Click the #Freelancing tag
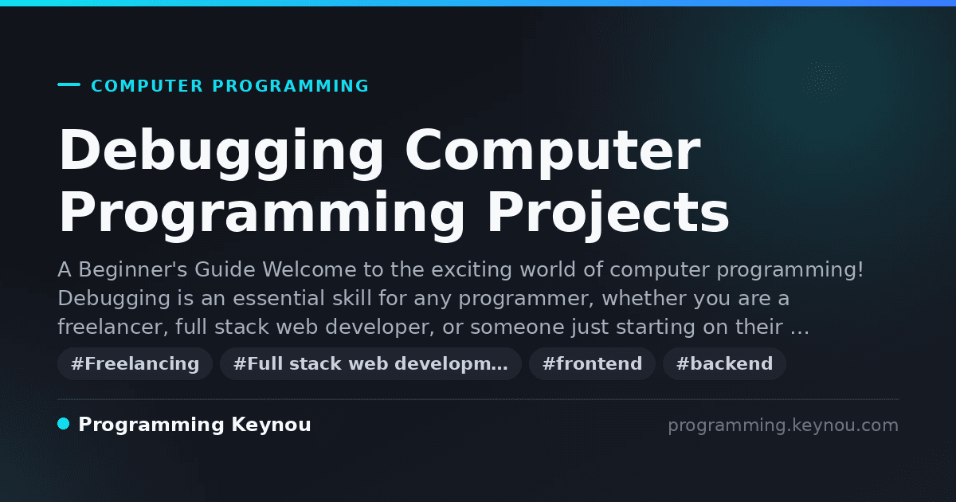pyautogui.click(x=135, y=363)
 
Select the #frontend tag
pyautogui.click(x=592, y=363)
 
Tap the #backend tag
pyautogui.click(x=724, y=363)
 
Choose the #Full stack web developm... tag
pyautogui.click(x=370, y=363)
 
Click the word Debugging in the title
pyautogui.click(x=221, y=152)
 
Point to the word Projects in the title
pyautogui.click(x=608, y=214)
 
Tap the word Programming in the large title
pyautogui.click(x=261, y=214)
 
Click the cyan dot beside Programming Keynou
pyautogui.click(x=64, y=424)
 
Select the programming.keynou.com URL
pyautogui.click(x=783, y=426)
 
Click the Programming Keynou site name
pyautogui.click(x=194, y=425)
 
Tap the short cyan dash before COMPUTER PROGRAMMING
pyautogui.click(x=69, y=84)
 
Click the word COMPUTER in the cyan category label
pyautogui.click(x=147, y=86)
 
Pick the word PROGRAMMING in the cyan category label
pyautogui.click(x=290, y=86)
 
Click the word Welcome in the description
pyautogui.click(x=309, y=270)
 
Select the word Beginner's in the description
pyautogui.click(x=133, y=270)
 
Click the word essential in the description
pyautogui.click(x=279, y=298)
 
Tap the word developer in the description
pyautogui.click(x=380, y=327)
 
